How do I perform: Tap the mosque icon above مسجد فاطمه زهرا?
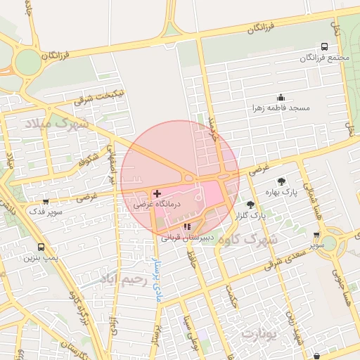point(281,98)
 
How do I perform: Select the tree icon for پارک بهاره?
point(281,181)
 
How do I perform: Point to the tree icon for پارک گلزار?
point(250,205)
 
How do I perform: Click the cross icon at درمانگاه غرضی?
point(157,193)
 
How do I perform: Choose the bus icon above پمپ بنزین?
point(40,247)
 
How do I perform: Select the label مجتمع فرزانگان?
point(323,57)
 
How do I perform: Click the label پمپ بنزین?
point(39,258)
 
